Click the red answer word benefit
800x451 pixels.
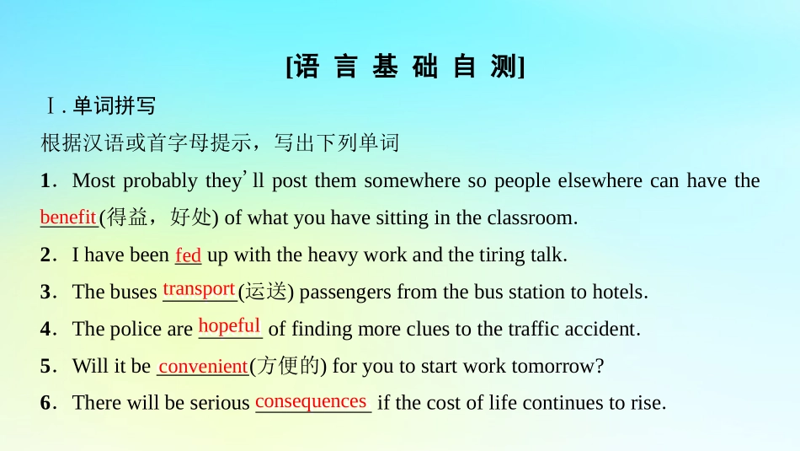click(x=67, y=217)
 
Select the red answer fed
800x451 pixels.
click(x=188, y=255)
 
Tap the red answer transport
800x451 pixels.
click(x=199, y=289)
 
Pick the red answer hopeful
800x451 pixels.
click(x=229, y=326)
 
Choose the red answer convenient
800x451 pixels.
click(x=203, y=367)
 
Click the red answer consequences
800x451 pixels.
click(x=311, y=401)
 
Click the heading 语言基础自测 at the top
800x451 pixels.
click(x=405, y=67)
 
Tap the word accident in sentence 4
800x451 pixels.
click(x=604, y=329)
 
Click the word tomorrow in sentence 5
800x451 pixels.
click(x=563, y=366)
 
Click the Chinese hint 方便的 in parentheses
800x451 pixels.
click(x=288, y=366)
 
